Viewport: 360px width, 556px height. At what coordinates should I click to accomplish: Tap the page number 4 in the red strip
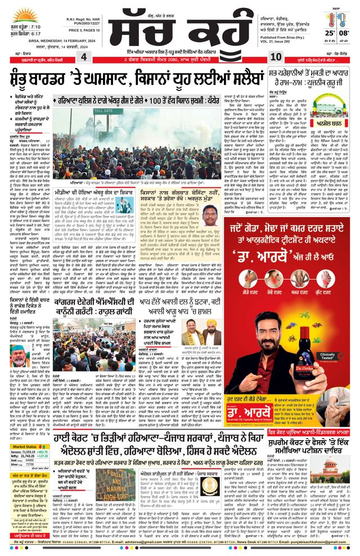click(x=83, y=58)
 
